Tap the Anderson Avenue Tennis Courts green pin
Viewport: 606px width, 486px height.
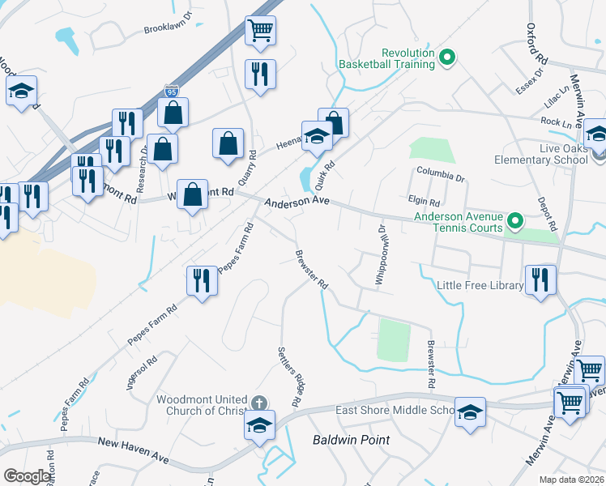click(x=514, y=220)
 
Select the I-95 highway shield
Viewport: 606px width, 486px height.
click(x=170, y=92)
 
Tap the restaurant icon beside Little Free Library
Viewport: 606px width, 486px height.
click(x=539, y=280)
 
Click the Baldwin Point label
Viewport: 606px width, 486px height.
click(x=351, y=440)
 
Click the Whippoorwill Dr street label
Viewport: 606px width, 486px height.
click(x=380, y=254)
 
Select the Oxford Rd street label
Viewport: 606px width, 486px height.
click(x=534, y=48)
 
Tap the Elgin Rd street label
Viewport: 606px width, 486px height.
click(x=423, y=202)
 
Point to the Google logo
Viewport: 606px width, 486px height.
click(x=27, y=476)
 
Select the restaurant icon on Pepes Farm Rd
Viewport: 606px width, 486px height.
click(x=202, y=280)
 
